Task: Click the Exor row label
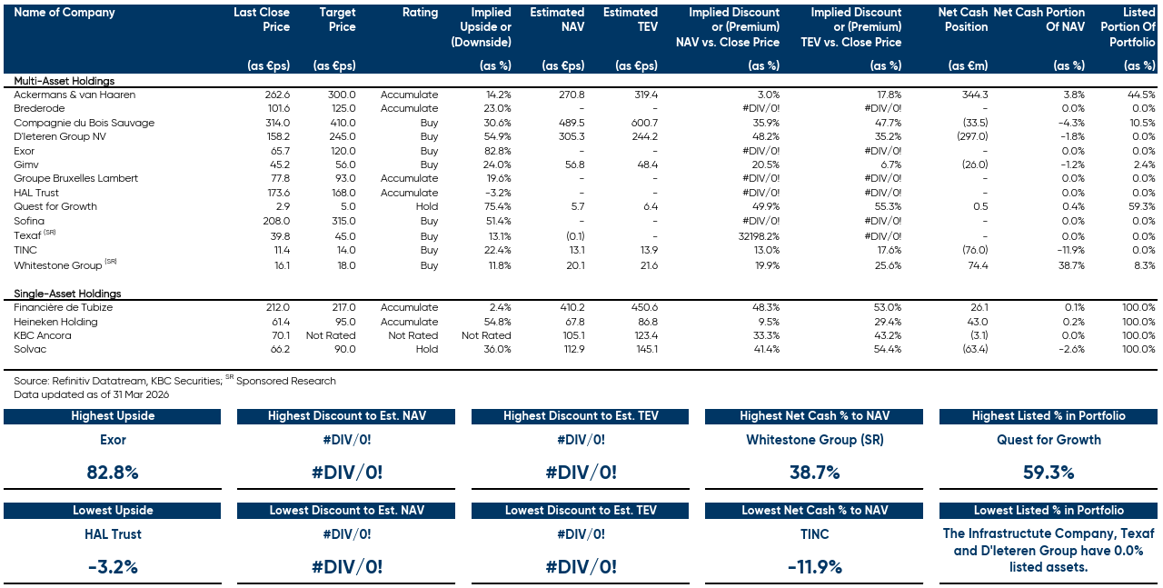[25, 151]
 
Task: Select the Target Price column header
[337, 20]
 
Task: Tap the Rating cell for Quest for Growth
[424, 206]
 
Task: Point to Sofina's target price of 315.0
[342, 221]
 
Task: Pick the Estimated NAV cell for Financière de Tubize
[567, 307]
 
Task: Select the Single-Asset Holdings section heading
[67, 294]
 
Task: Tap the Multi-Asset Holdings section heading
[64, 81]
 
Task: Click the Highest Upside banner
[113, 416]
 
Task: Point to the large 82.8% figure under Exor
[113, 473]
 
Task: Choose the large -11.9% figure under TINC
[814, 567]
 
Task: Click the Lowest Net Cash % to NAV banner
[814, 511]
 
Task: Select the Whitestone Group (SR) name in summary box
[814, 440]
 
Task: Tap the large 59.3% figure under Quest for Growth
[1049, 473]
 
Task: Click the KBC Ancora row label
[42, 335]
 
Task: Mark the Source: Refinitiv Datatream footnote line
[174, 381]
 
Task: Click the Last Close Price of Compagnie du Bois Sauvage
[275, 123]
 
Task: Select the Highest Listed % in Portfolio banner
[1049, 416]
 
